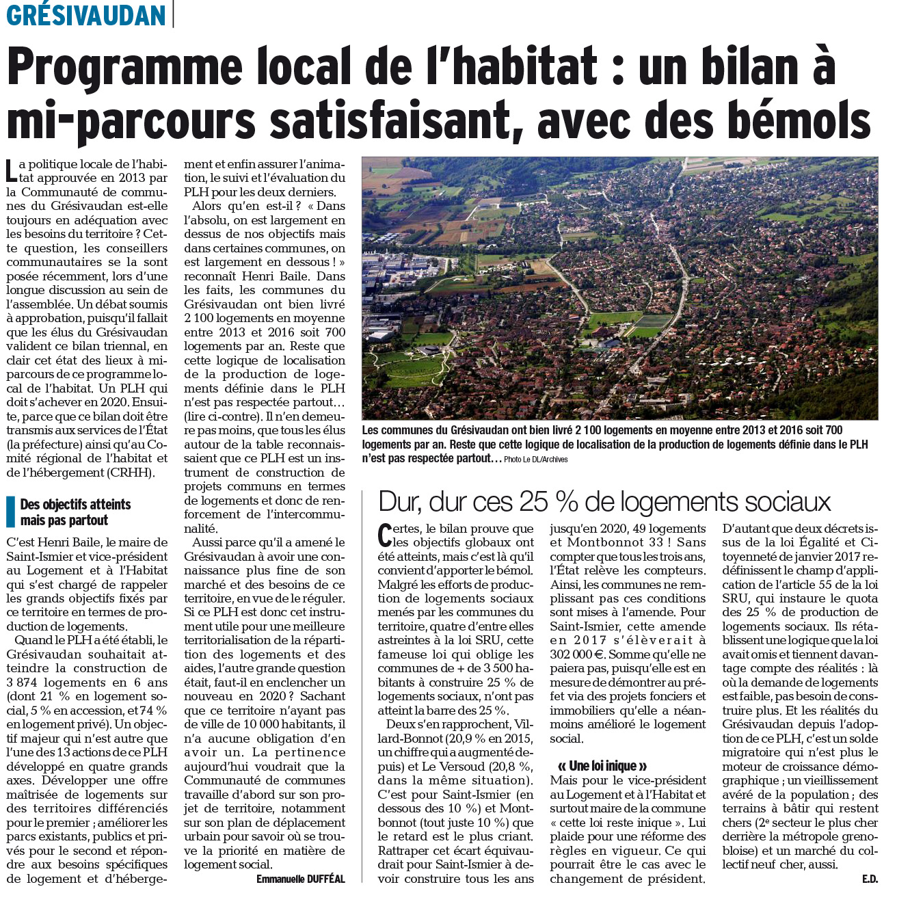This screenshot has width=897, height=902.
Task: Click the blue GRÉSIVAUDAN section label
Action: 86,14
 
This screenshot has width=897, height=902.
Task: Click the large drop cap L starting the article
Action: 11,171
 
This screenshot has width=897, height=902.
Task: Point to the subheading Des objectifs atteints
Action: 75,505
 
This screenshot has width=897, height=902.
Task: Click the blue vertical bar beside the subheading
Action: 10,512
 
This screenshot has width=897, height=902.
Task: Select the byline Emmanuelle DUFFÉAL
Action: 301,879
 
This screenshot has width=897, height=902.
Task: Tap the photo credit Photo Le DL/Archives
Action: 536,460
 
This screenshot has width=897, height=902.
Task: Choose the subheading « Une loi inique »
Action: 602,766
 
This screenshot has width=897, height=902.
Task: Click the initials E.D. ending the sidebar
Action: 870,879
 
